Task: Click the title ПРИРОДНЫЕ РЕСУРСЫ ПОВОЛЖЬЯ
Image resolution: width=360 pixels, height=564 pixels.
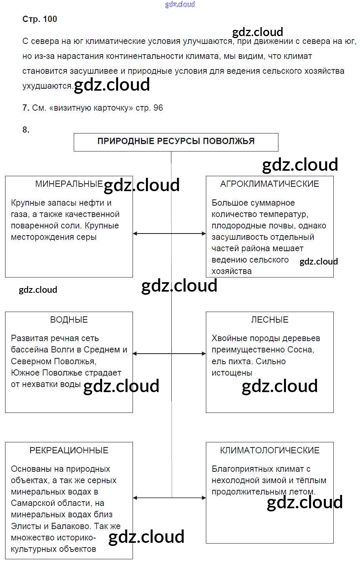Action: [x=176, y=141]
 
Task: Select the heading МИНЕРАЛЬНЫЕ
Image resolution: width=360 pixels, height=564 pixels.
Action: [x=69, y=184]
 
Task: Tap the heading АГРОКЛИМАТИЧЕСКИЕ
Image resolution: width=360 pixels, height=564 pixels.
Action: [x=269, y=184]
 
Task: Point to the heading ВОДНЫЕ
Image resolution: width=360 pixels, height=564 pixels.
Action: [x=69, y=319]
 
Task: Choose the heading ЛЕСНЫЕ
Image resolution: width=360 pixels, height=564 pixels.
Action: [x=269, y=319]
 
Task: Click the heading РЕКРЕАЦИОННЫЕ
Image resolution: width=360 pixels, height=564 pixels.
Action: [x=69, y=450]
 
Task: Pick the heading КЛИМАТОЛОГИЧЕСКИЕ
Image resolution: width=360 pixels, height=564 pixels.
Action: [x=269, y=450]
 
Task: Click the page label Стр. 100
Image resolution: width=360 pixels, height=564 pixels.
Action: [x=40, y=19]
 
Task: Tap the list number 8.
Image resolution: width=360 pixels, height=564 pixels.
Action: [x=26, y=130]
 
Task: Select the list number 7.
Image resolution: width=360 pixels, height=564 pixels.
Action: [x=26, y=108]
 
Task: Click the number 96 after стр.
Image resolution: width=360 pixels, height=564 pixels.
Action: [x=158, y=108]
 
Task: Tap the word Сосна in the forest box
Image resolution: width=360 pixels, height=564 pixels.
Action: [x=301, y=350]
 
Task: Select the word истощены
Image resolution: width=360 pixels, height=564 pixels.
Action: [x=232, y=372]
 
